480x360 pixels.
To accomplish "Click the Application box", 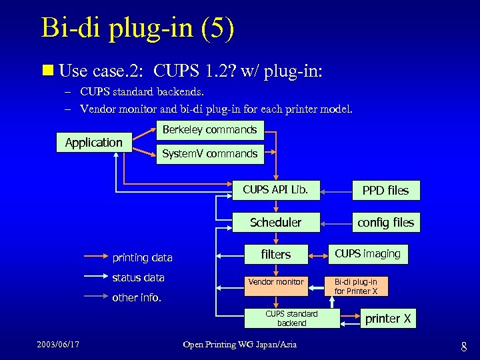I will point(93,142).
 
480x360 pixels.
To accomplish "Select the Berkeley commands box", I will point(209,130).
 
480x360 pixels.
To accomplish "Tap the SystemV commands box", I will point(209,154).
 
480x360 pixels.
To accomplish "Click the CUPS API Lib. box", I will point(275,190).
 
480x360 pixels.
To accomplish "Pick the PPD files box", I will point(385,191).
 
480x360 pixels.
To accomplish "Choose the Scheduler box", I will point(275,222).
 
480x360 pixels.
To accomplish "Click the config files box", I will point(385,223).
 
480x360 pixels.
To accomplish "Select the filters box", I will point(275,254).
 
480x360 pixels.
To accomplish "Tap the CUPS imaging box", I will point(367,253).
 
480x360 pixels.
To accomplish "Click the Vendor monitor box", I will point(275,282).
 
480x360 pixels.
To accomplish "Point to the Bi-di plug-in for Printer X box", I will point(355,287).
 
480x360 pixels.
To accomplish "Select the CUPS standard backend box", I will point(291,318).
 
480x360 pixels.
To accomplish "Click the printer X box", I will point(387,319).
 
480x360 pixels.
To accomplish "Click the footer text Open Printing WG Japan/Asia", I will point(240,344).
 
